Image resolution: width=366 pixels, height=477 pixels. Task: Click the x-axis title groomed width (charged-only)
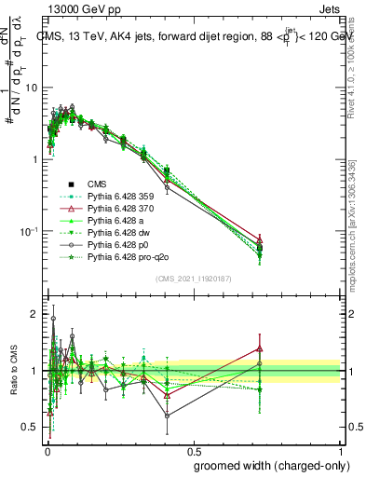pos(267,465)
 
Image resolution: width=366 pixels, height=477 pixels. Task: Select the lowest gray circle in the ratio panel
pos(167,416)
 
